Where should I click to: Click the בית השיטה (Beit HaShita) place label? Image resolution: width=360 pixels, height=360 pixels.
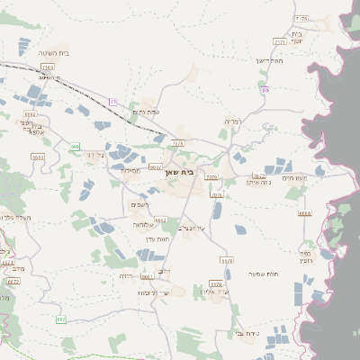click(54, 54)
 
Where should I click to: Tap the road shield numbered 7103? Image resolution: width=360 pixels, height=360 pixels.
click(48, 67)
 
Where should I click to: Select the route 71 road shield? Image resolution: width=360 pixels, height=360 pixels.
click(113, 101)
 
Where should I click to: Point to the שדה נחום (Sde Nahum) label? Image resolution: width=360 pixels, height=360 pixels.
click(144, 111)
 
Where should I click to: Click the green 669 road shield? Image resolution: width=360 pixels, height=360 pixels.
click(76, 146)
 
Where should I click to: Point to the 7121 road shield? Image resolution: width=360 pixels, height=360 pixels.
click(279, 41)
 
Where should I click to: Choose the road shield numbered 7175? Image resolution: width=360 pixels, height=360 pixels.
click(301, 19)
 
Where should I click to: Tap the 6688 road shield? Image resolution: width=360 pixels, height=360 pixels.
click(304, 213)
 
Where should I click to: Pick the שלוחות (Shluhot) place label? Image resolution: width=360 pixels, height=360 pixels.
click(145, 224)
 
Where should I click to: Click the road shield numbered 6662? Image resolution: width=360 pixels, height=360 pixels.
click(161, 219)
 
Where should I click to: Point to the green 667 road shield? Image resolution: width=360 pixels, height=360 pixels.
click(61, 319)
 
